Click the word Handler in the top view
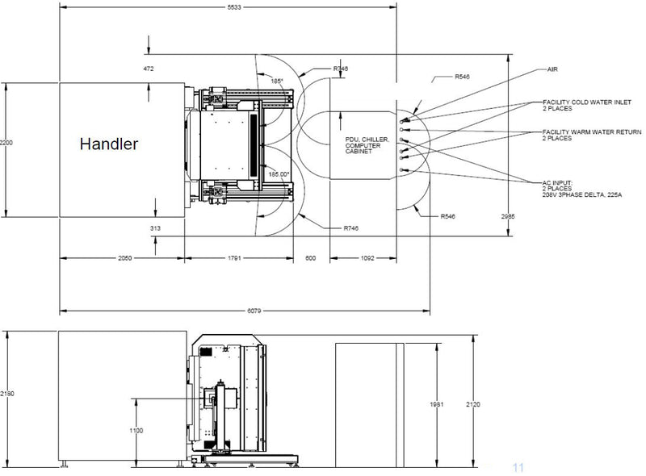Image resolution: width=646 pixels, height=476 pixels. [x=108, y=145]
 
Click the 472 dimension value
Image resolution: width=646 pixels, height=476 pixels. [x=148, y=69]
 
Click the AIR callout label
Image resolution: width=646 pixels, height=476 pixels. [x=552, y=70]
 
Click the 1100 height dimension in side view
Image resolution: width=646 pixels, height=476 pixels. [x=135, y=430]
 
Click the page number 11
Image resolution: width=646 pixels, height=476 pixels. [x=518, y=467]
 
